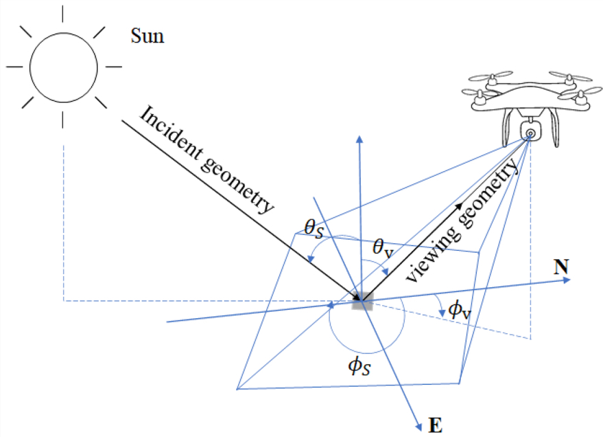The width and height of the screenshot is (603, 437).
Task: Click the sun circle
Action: [63, 66]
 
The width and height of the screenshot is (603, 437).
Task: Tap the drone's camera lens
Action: [530, 131]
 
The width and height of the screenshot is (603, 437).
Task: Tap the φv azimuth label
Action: [459, 310]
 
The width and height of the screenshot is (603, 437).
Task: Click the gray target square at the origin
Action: [361, 300]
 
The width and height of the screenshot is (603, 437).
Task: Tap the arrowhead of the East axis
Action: [417, 427]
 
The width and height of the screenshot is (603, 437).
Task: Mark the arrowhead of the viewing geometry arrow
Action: [458, 204]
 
